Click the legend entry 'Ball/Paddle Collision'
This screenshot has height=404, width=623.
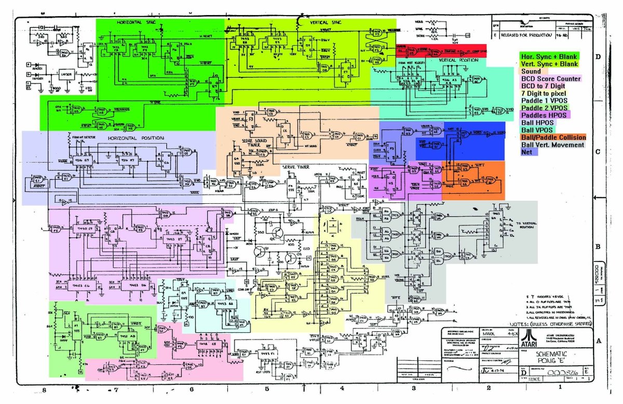coord(553,137)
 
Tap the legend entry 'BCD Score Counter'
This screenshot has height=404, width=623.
coord(550,79)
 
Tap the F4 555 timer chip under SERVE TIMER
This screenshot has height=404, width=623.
coord(292,184)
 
